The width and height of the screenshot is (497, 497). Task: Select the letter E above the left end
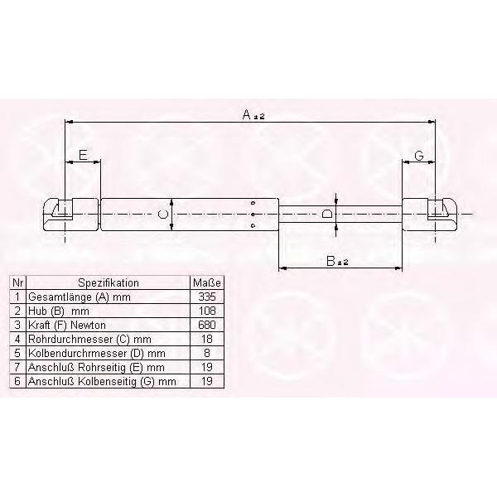83,155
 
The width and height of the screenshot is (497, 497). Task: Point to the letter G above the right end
419,156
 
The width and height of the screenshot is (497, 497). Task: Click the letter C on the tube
163,215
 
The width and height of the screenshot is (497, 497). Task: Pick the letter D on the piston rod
327,214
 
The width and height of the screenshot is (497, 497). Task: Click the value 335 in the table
207,297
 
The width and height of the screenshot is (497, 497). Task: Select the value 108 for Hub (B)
207,311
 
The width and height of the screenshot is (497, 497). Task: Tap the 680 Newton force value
207,325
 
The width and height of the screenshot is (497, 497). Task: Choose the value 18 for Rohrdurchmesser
207,339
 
